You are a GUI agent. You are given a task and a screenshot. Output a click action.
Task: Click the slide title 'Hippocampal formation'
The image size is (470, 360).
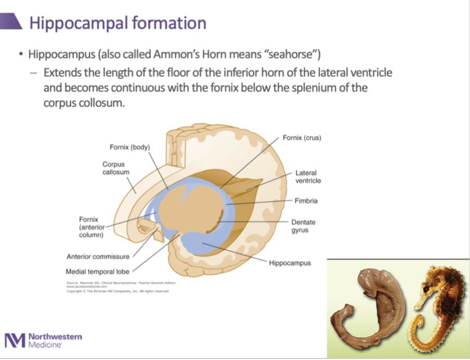[117, 23]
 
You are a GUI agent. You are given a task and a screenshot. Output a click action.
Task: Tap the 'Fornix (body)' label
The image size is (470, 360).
[129, 147]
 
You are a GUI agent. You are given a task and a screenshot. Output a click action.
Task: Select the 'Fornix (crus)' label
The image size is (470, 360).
[302, 138]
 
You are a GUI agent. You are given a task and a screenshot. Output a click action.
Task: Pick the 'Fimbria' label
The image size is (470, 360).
[306, 201]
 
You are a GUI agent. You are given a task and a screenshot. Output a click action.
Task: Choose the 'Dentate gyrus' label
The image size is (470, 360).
[303, 226]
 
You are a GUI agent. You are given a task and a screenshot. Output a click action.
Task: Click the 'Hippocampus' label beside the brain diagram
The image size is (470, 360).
[290, 263]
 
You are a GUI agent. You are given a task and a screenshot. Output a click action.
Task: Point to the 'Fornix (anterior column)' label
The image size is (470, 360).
[92, 227]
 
